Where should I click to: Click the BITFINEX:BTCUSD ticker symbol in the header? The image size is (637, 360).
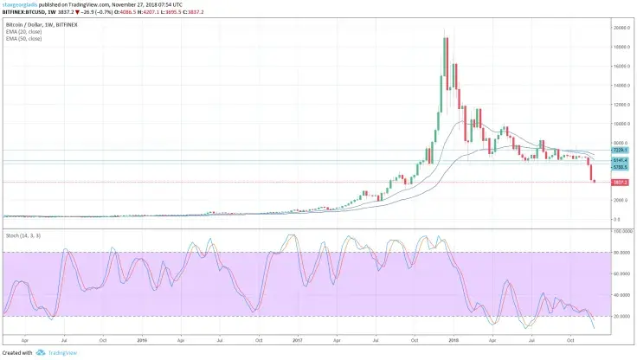23,11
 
